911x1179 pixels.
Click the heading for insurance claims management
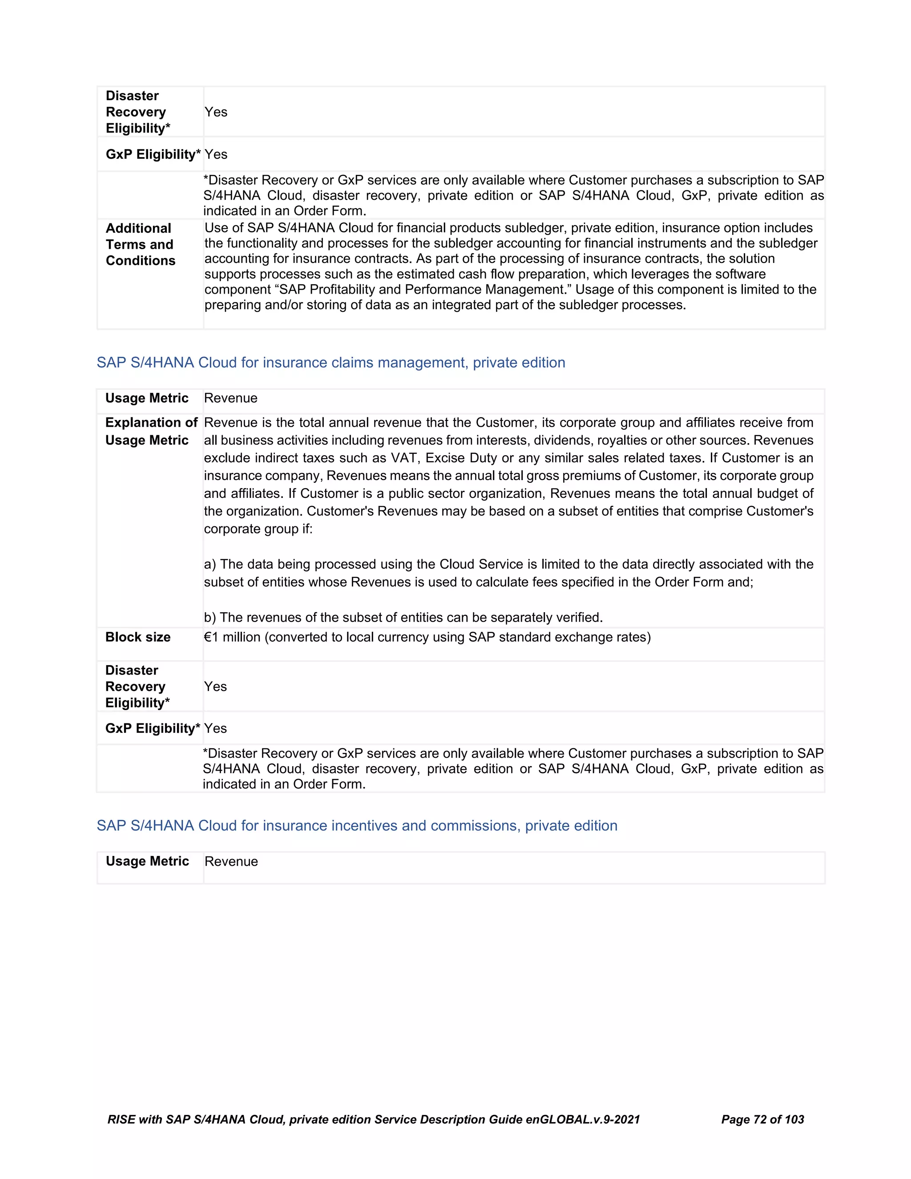click(331, 362)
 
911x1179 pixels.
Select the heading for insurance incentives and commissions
click(357, 825)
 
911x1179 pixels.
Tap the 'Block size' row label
click(137, 637)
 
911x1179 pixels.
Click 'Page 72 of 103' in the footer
click(762, 1120)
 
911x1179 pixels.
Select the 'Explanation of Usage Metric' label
click(151, 431)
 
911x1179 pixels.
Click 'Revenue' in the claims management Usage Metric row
click(230, 398)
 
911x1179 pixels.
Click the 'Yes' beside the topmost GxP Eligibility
click(216, 154)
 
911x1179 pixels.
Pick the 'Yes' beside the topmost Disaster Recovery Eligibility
click(216, 112)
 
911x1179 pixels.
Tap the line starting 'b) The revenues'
click(403, 617)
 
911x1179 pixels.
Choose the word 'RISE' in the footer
click(121, 1120)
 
